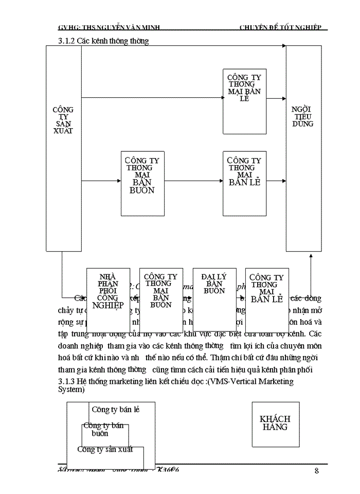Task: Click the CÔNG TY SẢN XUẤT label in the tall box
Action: tap(63, 120)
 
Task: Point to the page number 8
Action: tap(317, 471)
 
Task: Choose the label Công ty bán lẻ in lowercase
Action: tap(115, 410)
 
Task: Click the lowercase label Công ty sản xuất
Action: tap(105, 449)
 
